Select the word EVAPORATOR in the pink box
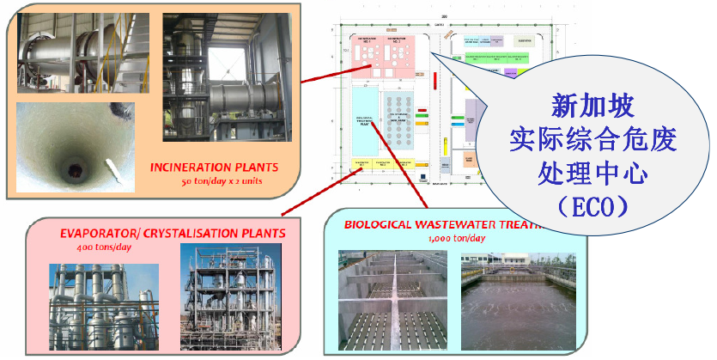click(98, 233)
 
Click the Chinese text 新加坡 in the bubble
click(592, 107)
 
